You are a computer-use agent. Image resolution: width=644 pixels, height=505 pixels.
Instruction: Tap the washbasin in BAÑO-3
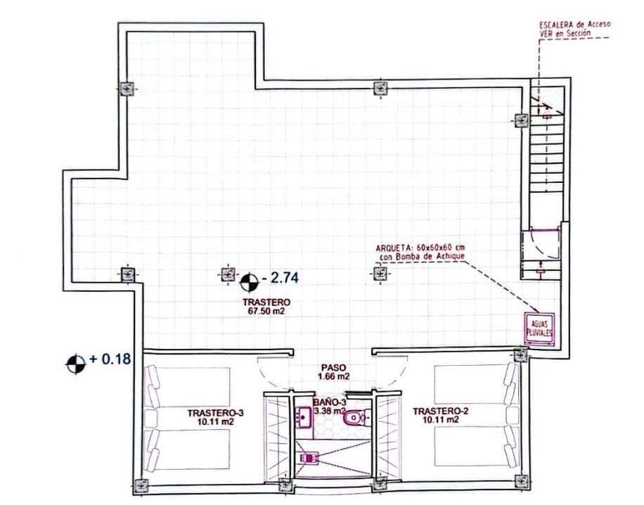click(x=305, y=417)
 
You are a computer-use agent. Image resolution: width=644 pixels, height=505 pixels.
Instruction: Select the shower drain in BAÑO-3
click(x=307, y=458)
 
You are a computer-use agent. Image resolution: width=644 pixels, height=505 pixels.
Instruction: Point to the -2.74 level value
click(x=281, y=279)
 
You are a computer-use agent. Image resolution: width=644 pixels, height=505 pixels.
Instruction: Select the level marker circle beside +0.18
click(x=75, y=364)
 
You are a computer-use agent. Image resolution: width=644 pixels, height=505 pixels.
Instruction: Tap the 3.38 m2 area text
click(x=330, y=411)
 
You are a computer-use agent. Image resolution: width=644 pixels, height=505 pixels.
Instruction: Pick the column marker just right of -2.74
click(x=380, y=274)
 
